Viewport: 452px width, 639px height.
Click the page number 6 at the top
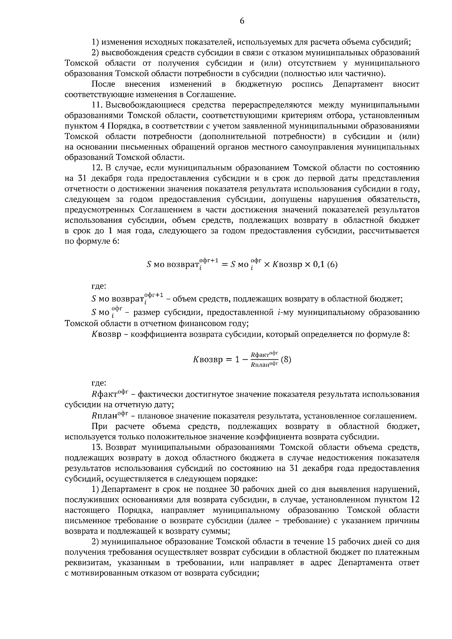[242, 21]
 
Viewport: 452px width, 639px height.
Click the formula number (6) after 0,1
[332, 265]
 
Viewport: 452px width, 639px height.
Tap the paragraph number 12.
[97, 167]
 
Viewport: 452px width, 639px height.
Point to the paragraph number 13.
[97, 447]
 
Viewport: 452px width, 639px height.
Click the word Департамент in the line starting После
[357, 84]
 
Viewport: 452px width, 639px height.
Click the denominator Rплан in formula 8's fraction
[264, 364]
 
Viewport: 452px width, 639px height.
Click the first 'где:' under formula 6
[99, 286]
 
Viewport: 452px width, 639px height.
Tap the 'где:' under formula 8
[99, 383]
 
